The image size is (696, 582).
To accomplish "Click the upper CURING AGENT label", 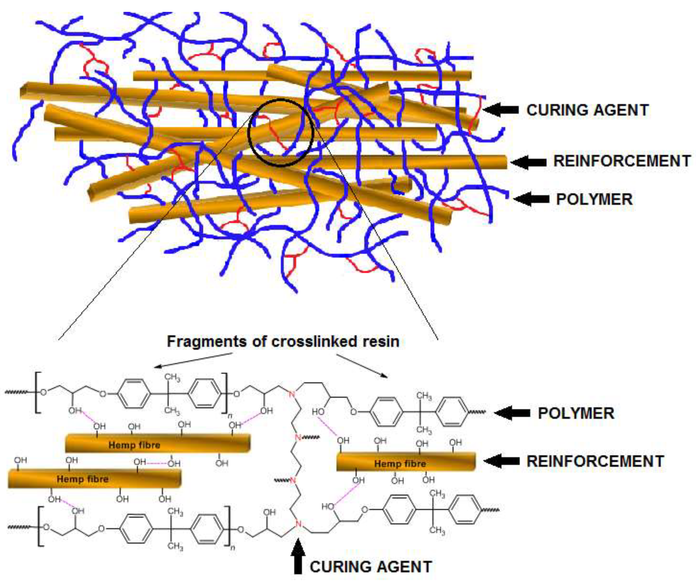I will click(x=587, y=110).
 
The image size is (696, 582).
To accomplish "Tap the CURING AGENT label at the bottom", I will click(x=371, y=567).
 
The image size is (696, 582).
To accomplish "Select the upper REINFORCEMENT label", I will click(x=622, y=161).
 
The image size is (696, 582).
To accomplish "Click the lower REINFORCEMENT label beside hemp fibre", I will click(x=595, y=461).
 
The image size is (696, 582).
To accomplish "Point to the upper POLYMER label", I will click(x=594, y=199).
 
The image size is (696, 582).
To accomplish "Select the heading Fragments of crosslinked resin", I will click(x=283, y=341).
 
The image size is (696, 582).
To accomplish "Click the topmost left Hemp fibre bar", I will click(x=157, y=444).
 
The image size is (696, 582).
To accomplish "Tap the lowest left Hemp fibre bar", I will click(x=95, y=479).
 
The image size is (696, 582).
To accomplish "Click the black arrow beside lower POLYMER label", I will click(x=512, y=413).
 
